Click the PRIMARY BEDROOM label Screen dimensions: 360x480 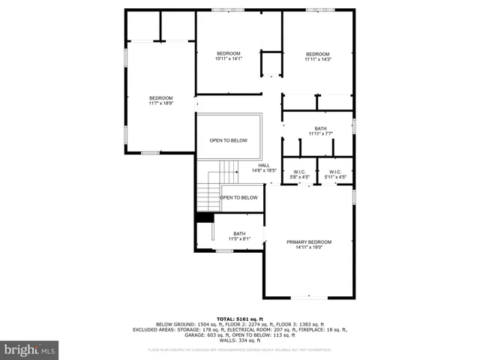308,241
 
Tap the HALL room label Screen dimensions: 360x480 264,166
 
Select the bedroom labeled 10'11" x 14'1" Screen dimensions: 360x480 228,56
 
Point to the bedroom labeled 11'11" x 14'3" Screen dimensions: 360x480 317,56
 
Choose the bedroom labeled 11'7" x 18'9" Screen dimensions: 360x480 160,100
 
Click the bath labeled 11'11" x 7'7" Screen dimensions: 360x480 320,131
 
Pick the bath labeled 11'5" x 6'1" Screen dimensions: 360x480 239,236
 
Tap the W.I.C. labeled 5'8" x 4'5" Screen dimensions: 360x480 300,175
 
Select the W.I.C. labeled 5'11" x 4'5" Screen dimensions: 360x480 334,175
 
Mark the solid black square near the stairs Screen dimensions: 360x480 200,218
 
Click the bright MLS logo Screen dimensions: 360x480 29,349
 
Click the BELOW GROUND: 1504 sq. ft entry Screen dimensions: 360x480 184,324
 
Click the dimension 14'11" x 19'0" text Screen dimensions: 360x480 308,247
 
